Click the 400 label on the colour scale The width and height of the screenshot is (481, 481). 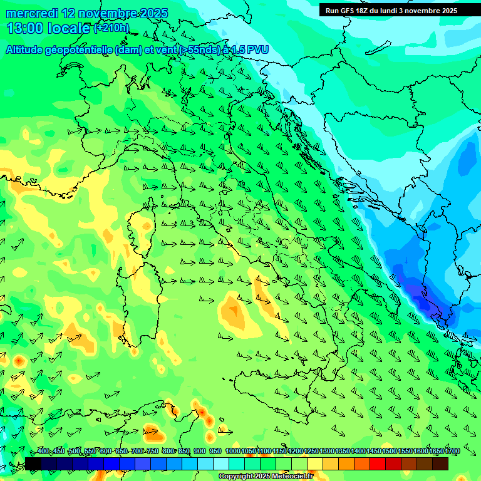click(43, 452)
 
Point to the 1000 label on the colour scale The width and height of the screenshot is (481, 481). click(232, 452)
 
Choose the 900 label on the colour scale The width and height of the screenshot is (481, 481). click(200, 452)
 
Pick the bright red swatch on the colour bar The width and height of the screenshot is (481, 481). click(378, 464)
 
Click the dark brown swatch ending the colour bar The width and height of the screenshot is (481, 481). click(440, 464)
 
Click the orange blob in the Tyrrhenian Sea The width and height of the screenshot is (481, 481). click(234, 313)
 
